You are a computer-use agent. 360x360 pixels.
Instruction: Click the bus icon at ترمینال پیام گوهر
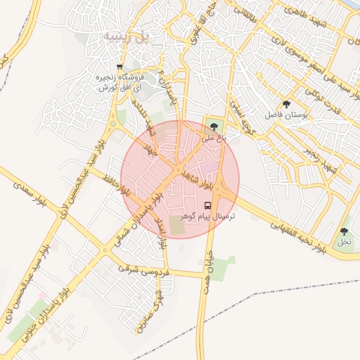[208, 205]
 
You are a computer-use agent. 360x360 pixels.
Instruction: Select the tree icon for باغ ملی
[214, 127]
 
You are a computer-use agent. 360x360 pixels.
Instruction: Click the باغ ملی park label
[214, 139]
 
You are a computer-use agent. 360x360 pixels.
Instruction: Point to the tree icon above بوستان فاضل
[285, 104]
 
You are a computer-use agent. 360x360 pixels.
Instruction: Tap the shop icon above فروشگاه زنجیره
[120, 67]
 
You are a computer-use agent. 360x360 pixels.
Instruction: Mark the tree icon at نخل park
[344, 231]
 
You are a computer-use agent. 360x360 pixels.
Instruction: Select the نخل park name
[344, 242]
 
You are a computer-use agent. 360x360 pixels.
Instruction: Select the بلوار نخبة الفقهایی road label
[298, 236]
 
